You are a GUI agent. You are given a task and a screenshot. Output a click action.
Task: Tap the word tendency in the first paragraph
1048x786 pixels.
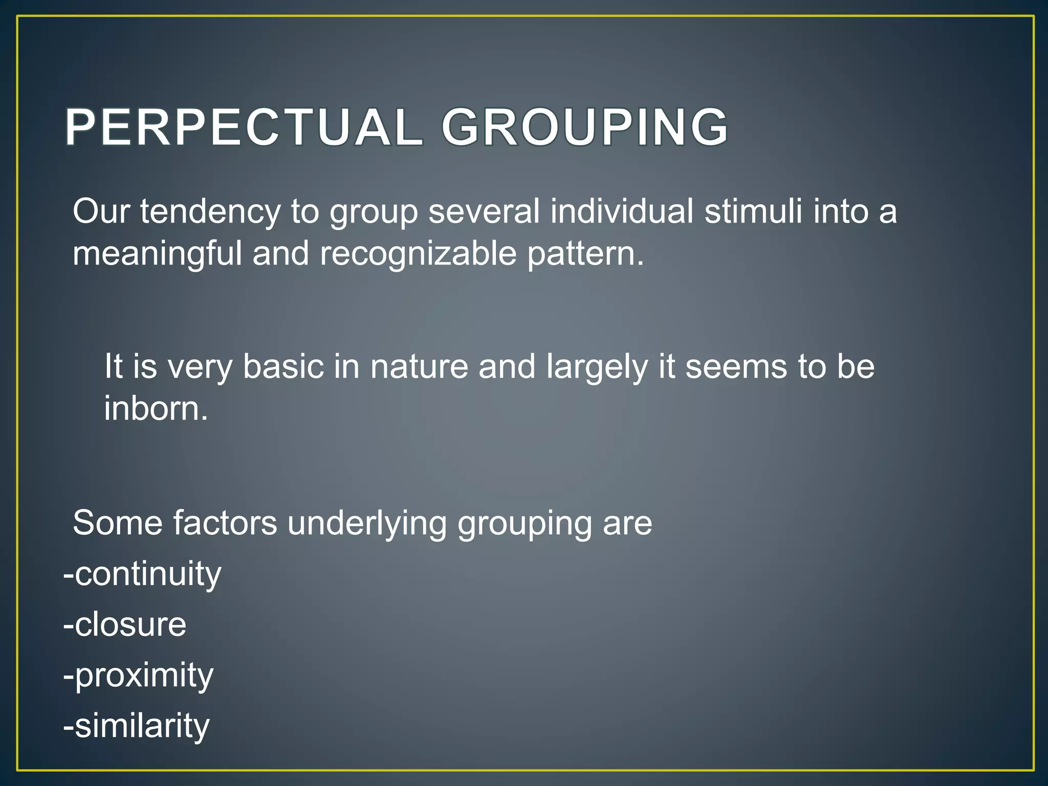(x=210, y=211)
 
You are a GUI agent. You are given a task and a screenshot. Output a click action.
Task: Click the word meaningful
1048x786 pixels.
(x=157, y=254)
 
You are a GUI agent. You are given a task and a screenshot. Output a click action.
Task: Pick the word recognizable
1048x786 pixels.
(x=418, y=254)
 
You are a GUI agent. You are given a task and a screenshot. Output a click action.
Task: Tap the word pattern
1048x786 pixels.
(x=585, y=254)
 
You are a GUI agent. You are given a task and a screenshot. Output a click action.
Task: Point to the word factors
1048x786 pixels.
(x=225, y=523)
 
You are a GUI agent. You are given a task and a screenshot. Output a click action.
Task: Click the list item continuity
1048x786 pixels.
(x=143, y=574)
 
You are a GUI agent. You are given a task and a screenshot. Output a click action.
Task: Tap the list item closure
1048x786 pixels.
(x=125, y=624)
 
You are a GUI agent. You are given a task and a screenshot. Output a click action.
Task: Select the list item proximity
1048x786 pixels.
(x=139, y=676)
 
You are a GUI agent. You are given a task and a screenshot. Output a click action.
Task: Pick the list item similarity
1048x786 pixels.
(x=137, y=726)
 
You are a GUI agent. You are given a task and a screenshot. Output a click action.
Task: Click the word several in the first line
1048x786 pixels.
(x=484, y=211)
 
